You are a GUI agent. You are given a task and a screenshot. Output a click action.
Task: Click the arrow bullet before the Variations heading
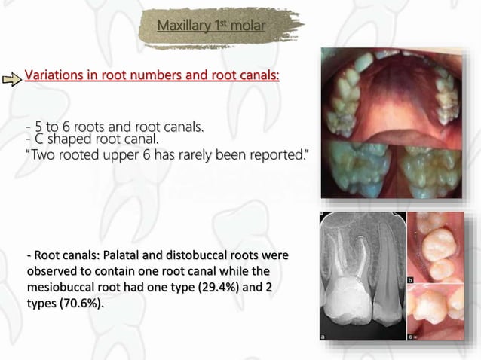tap(12, 78)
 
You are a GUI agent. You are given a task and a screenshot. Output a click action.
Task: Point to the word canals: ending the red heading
tap(257, 76)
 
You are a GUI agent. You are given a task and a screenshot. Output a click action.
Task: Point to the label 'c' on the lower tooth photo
tap(412, 337)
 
